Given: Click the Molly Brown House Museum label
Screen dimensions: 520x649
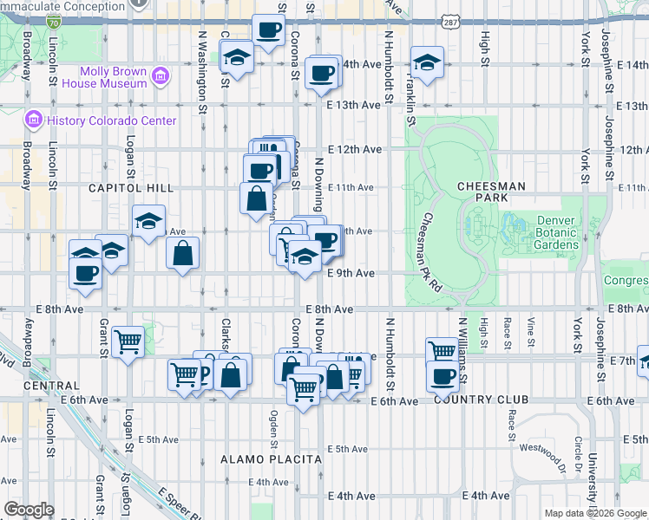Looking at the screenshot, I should (113, 77).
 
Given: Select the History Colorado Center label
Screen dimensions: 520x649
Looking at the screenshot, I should (113, 120).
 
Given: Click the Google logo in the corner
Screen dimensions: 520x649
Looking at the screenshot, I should (29, 510).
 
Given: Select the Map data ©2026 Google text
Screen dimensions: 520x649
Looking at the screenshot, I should (595, 513).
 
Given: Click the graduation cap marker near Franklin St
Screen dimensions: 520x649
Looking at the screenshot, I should (427, 62).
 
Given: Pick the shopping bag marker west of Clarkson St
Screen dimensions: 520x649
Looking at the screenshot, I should (183, 254).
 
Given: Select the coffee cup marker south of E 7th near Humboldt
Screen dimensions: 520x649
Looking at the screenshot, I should (442, 376).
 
